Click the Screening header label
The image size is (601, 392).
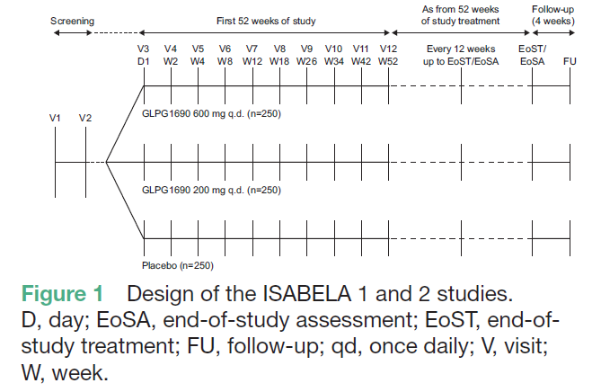pyautogui.click(x=73, y=19)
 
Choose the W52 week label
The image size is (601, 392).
pyautogui.click(x=388, y=62)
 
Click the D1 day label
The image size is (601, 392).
pyautogui.click(x=144, y=62)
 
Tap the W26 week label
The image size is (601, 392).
pyautogui.click(x=306, y=62)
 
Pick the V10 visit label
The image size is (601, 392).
pyautogui.click(x=333, y=49)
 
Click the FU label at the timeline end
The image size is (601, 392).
pyautogui.click(x=570, y=62)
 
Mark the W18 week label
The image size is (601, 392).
pyautogui.click(x=279, y=62)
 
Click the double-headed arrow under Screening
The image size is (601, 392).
pyautogui.click(x=73, y=33)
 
